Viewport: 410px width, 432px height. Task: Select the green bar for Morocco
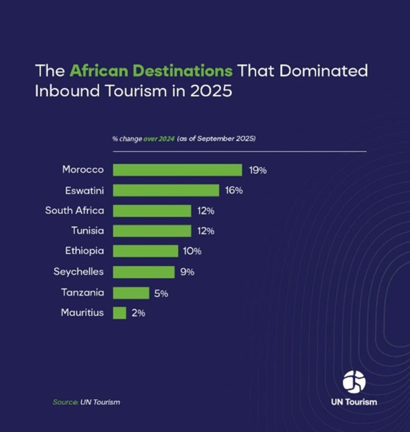pos(177,170)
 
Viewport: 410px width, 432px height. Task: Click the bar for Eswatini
pos(166,190)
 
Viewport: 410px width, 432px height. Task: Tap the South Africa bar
pos(152,211)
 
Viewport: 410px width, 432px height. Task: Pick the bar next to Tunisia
pos(152,231)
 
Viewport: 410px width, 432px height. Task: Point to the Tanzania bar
pos(131,293)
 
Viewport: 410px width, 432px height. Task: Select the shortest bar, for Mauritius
pos(119,313)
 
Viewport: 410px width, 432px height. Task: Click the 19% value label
pos(258,170)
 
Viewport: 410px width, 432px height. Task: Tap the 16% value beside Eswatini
pos(234,191)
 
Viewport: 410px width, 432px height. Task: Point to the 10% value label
pos(192,251)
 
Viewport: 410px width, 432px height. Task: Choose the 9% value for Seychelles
pos(187,272)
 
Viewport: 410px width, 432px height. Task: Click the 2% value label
pos(138,313)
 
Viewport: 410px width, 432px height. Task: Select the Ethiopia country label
pos(85,251)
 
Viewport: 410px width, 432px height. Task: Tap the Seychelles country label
pos(79,272)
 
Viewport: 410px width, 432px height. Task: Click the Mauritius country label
pos(82,313)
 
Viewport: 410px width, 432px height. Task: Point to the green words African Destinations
pos(151,71)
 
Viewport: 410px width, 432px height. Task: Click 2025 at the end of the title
pos(211,91)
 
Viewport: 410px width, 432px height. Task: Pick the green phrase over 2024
pos(159,139)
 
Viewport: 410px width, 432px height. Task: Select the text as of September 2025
pos(217,139)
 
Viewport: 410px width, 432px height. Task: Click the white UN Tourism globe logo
pos(354,382)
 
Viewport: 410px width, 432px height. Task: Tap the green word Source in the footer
pos(65,402)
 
